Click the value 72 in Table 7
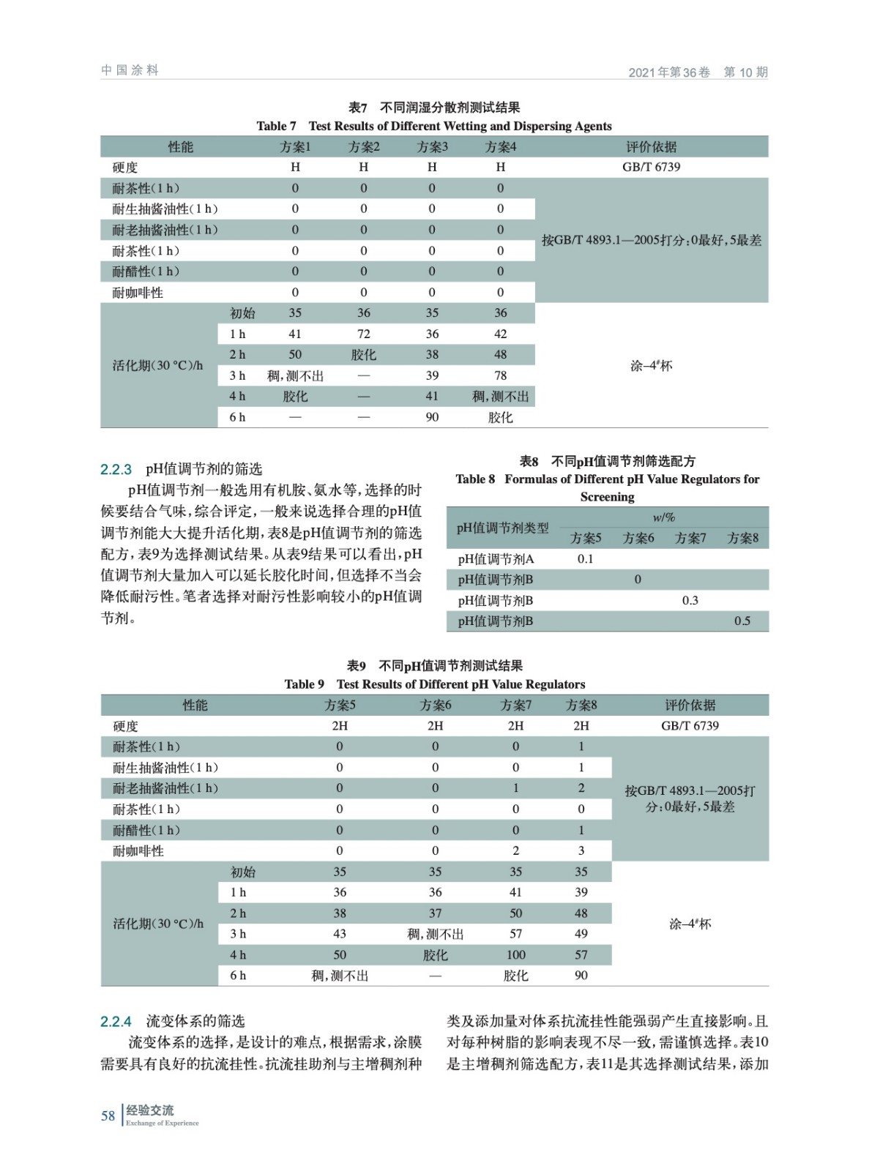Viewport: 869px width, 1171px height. pos(363,334)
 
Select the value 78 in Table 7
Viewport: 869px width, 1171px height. pos(500,375)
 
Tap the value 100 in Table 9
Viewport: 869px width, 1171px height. pos(515,954)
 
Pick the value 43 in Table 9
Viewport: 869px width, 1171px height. pos(340,934)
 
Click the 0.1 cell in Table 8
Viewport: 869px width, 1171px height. pos(585,558)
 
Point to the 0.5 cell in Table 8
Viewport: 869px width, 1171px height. pos(742,621)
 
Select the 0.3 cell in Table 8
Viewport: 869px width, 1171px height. pos(690,600)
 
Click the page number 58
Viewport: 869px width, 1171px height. pos(108,1115)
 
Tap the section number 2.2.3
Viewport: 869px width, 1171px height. pos(116,469)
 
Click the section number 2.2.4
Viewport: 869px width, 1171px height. pos(116,1021)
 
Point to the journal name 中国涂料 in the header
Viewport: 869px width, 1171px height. pos(130,70)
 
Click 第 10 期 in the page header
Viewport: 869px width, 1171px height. pos(745,72)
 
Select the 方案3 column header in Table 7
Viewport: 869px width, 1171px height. pos(432,147)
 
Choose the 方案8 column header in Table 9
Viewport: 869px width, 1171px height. pos(581,705)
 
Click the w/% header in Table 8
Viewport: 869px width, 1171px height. pos(663,517)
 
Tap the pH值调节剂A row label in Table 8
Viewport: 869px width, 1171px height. pos(496,559)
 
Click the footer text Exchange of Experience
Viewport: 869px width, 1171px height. pos(162,1123)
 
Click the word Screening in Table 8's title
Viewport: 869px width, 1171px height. pos(607,497)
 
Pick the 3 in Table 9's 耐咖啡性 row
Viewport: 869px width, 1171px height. pos(581,850)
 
